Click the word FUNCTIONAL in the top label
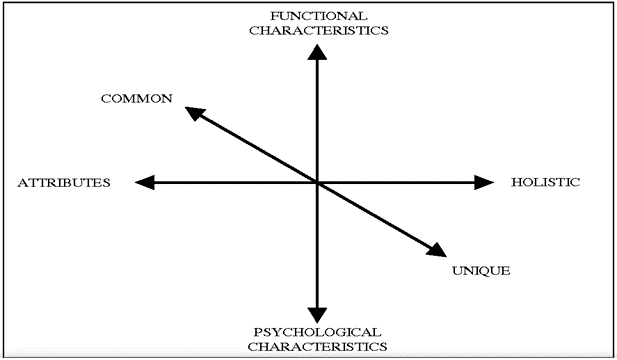(x=319, y=16)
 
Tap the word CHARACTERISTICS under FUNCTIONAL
(x=319, y=31)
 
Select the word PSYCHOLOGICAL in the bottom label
(x=317, y=332)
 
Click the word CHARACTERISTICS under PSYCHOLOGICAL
(x=317, y=347)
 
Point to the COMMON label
(x=137, y=98)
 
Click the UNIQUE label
(x=481, y=271)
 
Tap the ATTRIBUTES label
(x=64, y=183)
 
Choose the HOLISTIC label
(x=545, y=182)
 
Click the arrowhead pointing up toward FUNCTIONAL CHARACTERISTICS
(x=317, y=52)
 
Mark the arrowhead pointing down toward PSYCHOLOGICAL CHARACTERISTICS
(x=317, y=315)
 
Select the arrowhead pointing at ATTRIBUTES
(x=144, y=183)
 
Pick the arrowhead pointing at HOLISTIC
(x=484, y=182)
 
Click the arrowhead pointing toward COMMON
(x=195, y=113)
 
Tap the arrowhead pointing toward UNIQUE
(x=437, y=250)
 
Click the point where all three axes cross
(x=317, y=183)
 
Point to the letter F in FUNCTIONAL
(x=274, y=16)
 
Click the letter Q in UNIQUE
(x=490, y=271)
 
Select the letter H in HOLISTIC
(x=517, y=182)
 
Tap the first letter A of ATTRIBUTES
(x=23, y=183)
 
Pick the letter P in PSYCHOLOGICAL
(x=257, y=332)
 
